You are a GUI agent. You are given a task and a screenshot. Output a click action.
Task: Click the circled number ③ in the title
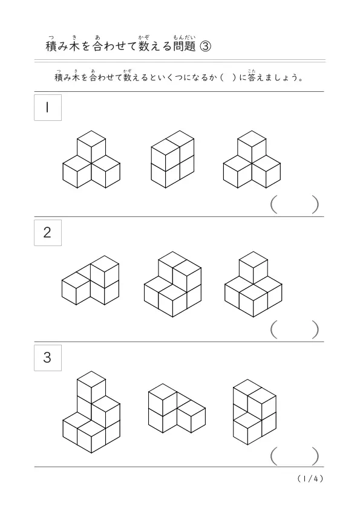205,47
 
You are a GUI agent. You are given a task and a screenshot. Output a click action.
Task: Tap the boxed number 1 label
48,108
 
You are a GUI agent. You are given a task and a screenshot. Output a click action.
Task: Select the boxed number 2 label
48,232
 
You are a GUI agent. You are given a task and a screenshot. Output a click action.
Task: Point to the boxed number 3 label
48,357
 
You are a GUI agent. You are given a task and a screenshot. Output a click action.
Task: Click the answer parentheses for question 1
295,204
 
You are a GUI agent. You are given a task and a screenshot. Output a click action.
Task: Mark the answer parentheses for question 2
295,329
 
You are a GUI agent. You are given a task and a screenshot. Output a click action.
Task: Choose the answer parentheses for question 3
295,456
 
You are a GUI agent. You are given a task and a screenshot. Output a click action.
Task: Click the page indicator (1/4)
310,479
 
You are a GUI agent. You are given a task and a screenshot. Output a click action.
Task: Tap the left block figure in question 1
91,160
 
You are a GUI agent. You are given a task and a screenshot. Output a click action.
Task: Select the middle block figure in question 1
172,160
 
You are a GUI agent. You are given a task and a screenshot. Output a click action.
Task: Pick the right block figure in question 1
252,160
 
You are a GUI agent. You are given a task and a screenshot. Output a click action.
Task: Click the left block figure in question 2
90,280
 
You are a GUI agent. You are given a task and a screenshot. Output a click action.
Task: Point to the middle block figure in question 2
172,284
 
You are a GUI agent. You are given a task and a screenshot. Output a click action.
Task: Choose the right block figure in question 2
253,284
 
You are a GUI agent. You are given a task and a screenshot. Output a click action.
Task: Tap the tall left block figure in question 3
91,412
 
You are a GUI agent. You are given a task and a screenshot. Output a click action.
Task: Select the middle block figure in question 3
177,409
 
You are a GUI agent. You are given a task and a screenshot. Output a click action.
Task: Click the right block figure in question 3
255,412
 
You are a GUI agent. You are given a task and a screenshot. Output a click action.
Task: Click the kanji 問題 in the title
184,46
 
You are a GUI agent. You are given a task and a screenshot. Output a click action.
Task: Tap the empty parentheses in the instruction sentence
227,78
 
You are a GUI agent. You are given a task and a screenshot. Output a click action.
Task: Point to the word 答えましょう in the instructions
275,77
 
